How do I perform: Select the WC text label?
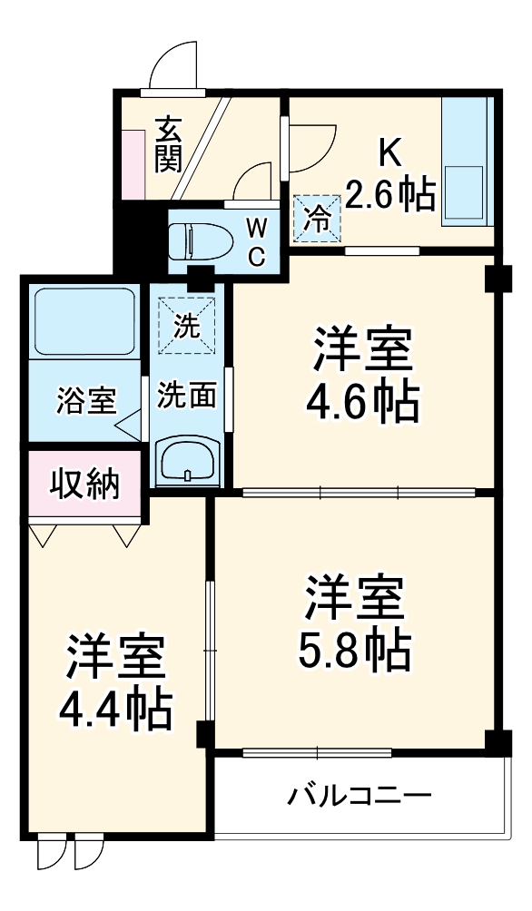coord(255,240)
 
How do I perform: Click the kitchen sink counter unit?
coord(466,164)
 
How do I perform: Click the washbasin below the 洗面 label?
coord(186,462)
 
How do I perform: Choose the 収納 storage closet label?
coord(84,485)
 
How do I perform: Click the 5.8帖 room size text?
coord(354,646)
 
